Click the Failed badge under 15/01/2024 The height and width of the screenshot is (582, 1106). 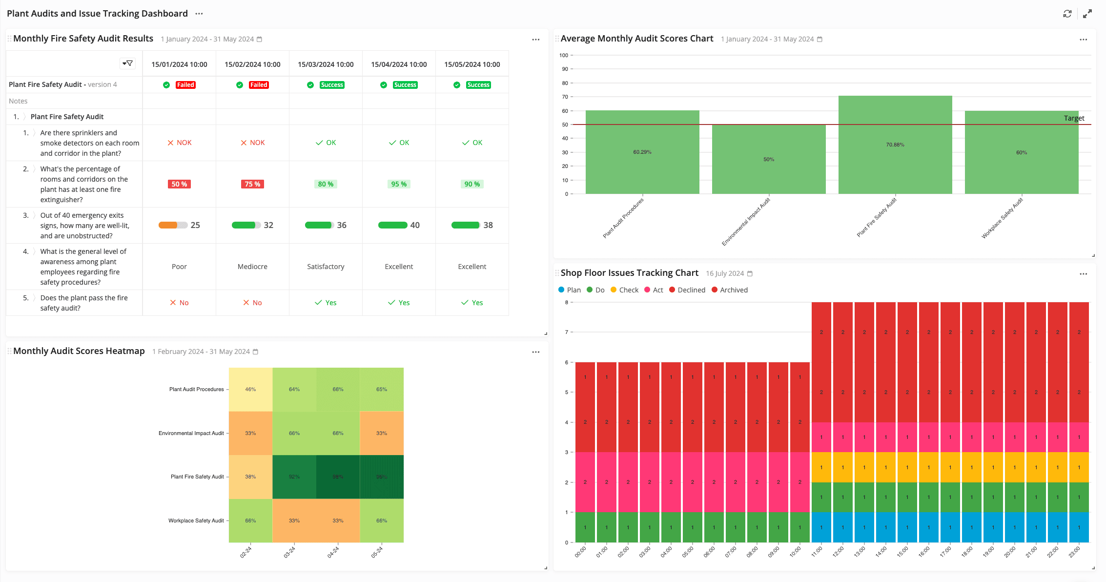pyautogui.click(x=185, y=85)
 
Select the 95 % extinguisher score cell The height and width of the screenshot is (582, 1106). pyautogui.click(x=399, y=184)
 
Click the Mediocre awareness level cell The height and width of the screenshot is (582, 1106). pyautogui.click(x=252, y=267)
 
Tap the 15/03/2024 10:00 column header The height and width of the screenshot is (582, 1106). pyautogui.click(x=326, y=64)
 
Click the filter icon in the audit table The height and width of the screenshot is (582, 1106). pyautogui.click(x=127, y=63)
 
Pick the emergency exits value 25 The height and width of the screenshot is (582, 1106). pyautogui.click(x=195, y=225)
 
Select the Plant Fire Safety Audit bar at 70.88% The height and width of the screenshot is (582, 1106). pyautogui.click(x=895, y=145)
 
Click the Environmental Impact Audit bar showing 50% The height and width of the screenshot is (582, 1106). pyautogui.click(x=769, y=159)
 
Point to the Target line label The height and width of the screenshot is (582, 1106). pyautogui.click(x=1074, y=118)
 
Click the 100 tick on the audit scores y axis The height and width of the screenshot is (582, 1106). pyautogui.click(x=564, y=55)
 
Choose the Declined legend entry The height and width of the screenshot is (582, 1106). pyautogui.click(x=687, y=290)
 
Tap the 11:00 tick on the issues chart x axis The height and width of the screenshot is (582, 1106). pyautogui.click(x=817, y=552)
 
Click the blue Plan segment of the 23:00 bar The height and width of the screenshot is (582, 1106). pyautogui.click(x=1079, y=527)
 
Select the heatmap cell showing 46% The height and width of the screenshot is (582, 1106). pyautogui.click(x=250, y=389)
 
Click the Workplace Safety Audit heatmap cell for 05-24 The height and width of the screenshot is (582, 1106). pyautogui.click(x=382, y=520)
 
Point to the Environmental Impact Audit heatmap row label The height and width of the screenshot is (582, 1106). pyautogui.click(x=191, y=433)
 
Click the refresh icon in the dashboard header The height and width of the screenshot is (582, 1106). pyautogui.click(x=1067, y=14)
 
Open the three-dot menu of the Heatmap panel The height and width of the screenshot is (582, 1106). pyautogui.click(x=535, y=352)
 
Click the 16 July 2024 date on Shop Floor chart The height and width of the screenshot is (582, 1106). pyautogui.click(x=725, y=273)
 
